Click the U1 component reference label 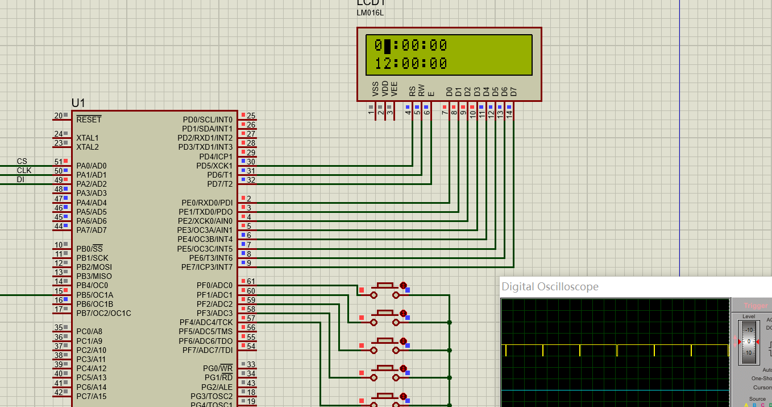(x=78, y=103)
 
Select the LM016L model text (x=370, y=13)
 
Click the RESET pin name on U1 (x=89, y=120)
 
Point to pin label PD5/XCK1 (x=214, y=166)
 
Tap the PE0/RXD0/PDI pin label (x=205, y=203)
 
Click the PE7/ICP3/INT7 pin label (x=206, y=267)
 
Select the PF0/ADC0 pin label (x=214, y=285)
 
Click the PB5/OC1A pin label (x=94, y=295)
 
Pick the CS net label (x=22, y=161)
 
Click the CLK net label (x=24, y=170)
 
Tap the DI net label (x=20, y=179)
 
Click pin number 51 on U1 (x=58, y=162)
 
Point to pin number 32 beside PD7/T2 (x=251, y=180)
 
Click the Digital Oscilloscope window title (x=550, y=286)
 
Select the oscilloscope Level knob (x=749, y=342)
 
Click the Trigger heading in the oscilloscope (x=756, y=306)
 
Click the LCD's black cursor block (x=387, y=46)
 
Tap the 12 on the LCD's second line (x=383, y=63)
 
